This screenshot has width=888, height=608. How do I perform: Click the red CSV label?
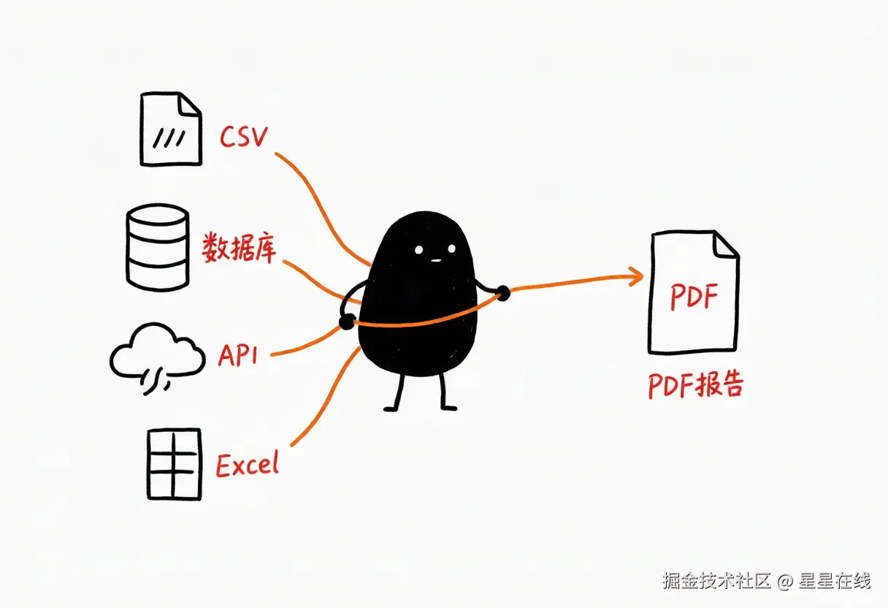point(244,137)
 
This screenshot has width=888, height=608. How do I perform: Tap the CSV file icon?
point(171,129)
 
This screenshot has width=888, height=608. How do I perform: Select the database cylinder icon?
point(158,248)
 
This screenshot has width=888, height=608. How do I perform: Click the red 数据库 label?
point(239,248)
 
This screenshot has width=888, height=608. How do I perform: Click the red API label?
point(238,354)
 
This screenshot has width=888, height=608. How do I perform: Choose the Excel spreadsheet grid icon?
point(174,464)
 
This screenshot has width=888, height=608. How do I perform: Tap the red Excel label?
point(248,464)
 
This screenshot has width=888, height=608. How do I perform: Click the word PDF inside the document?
point(694,296)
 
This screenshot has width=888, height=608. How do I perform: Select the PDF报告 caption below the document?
point(696,384)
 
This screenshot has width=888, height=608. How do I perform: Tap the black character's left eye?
point(418,249)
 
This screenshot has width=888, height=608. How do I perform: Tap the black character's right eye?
point(451,248)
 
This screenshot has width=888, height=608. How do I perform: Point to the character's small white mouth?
point(436,261)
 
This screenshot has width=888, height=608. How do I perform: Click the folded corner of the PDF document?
point(725,246)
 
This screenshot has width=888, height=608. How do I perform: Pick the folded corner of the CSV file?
point(188,104)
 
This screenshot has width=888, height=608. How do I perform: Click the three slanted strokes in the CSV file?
point(169,138)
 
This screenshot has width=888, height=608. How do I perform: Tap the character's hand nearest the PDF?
point(502,293)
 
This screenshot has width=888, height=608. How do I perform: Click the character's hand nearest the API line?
point(347,322)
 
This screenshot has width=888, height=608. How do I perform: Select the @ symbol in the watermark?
point(784,582)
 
